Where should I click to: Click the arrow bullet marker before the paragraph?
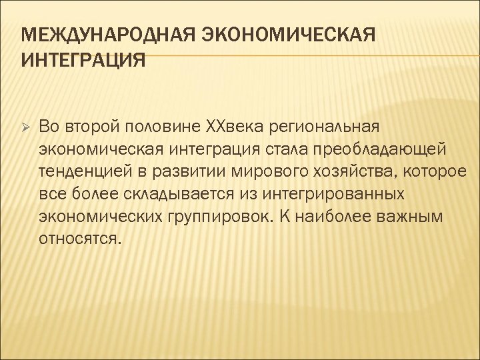(x=21, y=126)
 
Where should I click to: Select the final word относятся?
(x=81, y=239)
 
